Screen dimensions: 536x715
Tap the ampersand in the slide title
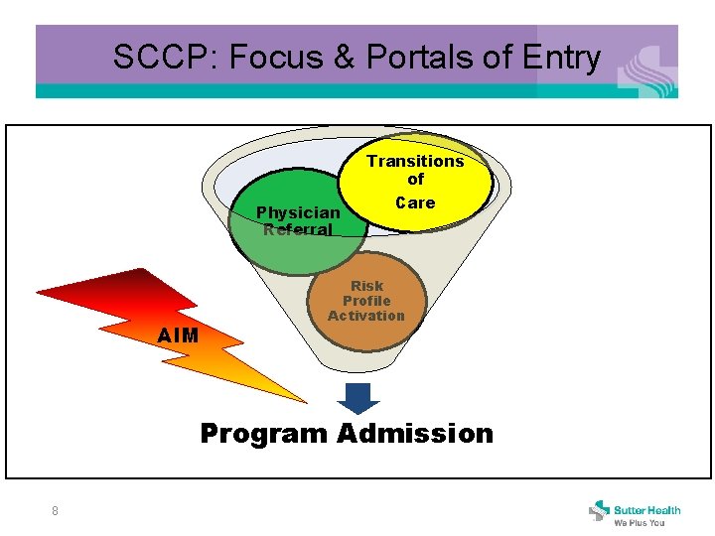tap(342, 58)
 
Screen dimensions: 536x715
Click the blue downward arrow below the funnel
tap(358, 397)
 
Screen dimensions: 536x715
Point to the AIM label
tap(179, 336)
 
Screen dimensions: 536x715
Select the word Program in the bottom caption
tap(263, 434)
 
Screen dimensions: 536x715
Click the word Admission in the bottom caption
tap(414, 434)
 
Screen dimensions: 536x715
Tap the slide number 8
tap(55, 511)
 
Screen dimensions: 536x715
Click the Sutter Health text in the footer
tap(646, 509)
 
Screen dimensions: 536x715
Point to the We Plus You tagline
tap(640, 522)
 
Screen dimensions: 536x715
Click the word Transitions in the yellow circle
tap(415, 161)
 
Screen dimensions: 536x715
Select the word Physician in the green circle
tap(298, 212)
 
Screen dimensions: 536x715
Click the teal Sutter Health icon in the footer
tap(599, 511)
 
